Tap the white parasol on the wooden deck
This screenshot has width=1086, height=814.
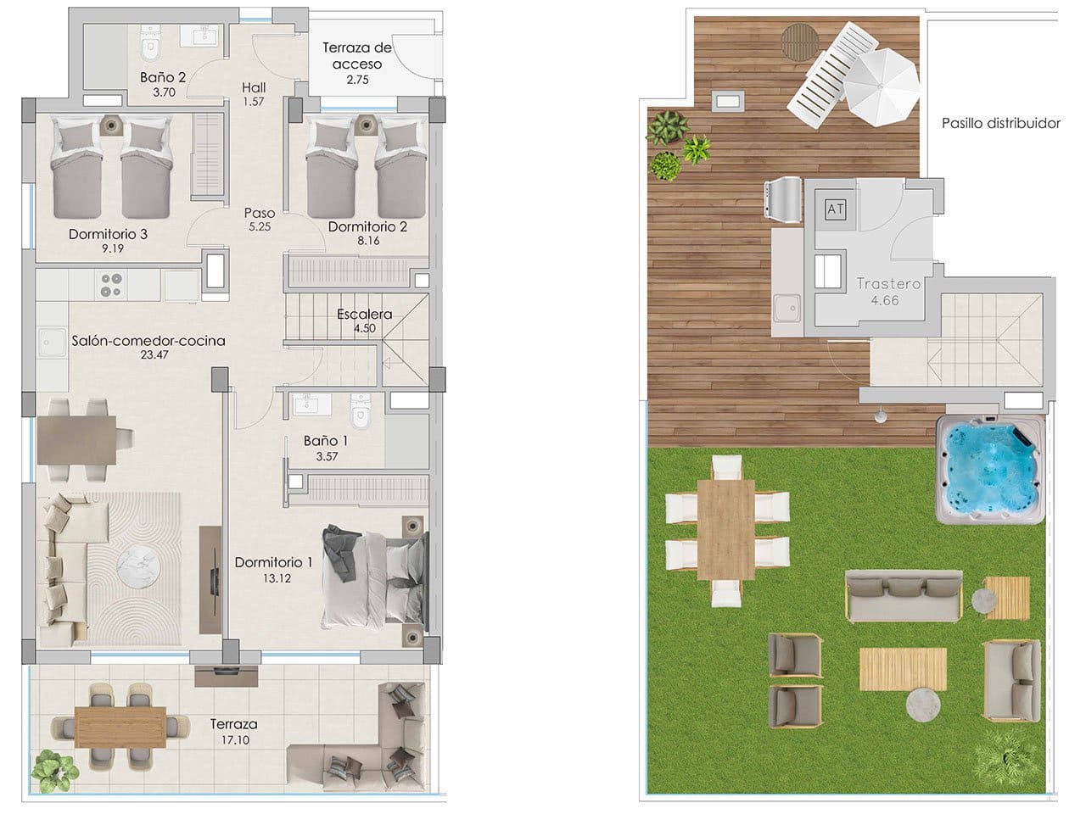[884, 76]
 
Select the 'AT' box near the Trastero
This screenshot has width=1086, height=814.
[835, 208]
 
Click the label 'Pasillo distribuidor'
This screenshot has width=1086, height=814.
[1001, 124]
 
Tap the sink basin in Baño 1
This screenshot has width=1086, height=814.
[307, 405]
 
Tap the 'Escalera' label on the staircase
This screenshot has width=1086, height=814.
[365, 315]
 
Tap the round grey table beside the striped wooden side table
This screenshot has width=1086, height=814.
[982, 599]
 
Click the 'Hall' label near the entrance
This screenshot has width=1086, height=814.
[253, 87]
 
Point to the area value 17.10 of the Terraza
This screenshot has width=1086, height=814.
[233, 740]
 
